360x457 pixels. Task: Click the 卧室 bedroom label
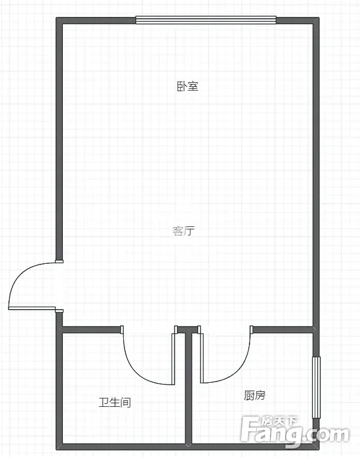pos(188,86)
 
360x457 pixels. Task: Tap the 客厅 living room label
pos(184,231)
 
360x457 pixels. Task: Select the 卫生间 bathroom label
pos(115,403)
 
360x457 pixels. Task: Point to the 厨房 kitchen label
pos(254,395)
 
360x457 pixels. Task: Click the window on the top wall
pos(206,20)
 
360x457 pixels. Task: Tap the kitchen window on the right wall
pos(317,388)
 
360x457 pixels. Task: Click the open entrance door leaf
pos(32,308)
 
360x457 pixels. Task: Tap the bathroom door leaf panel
pos(173,359)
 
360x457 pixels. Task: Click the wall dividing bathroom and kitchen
pos(188,388)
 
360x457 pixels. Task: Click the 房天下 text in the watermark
pos(278,421)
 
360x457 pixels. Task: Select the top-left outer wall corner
pos(59,20)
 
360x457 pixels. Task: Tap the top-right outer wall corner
pos(317,20)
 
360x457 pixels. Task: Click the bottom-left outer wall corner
pos(59,447)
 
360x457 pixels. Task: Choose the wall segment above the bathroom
pos(91,330)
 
